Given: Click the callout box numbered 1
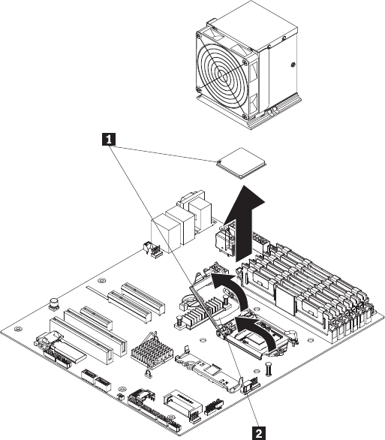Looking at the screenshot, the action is [109, 140].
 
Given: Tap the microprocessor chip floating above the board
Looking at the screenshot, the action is [241, 163].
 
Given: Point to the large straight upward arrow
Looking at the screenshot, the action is [243, 224].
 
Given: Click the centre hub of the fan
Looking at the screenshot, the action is [224, 75].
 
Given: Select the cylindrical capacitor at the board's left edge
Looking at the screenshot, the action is [54, 304].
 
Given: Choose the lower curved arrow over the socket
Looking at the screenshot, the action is [256, 333].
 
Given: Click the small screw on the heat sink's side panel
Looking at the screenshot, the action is [293, 65].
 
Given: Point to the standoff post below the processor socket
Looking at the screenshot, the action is [269, 369].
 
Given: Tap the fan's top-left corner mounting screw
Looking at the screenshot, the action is [199, 35].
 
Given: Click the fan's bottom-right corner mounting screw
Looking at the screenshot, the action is [245, 116].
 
